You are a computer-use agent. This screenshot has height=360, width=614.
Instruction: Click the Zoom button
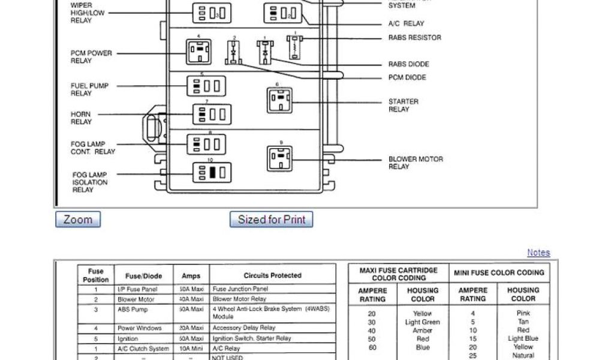point(78,220)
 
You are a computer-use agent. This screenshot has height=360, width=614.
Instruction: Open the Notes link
point(538,253)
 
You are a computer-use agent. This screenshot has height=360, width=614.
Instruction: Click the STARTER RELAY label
point(403,106)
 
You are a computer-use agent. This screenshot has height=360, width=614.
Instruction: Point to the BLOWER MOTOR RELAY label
point(416,163)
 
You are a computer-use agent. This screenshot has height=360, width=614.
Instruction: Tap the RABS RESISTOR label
point(414,38)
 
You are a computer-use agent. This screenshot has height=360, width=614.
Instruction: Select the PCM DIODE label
point(407,77)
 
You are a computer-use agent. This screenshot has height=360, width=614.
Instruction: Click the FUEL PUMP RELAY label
point(90,89)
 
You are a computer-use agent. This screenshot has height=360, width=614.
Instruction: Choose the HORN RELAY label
point(81,118)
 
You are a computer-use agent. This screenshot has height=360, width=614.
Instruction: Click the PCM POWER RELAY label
point(91,57)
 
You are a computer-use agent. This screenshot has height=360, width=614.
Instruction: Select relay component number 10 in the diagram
point(210,173)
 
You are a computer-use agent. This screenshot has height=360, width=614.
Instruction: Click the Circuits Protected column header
point(272,276)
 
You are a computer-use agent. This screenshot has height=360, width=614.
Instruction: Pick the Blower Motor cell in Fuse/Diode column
point(136,299)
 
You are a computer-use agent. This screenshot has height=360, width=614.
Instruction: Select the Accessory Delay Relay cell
point(243,328)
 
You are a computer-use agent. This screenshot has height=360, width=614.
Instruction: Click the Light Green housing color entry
point(423,322)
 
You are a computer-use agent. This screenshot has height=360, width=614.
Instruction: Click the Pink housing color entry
point(523,313)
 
